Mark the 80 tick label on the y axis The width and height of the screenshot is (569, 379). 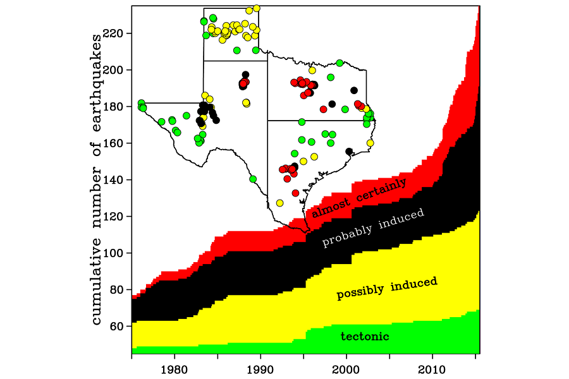[x=119, y=290]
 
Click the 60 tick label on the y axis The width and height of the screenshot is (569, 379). [x=119, y=327]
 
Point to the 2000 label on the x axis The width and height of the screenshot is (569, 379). [x=346, y=368]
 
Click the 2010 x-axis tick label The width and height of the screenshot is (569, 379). [x=432, y=368]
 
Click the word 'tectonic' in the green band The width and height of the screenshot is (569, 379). [x=365, y=337]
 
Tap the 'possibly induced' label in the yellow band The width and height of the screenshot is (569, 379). [x=387, y=288]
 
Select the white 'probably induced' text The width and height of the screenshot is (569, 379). [x=373, y=228]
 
